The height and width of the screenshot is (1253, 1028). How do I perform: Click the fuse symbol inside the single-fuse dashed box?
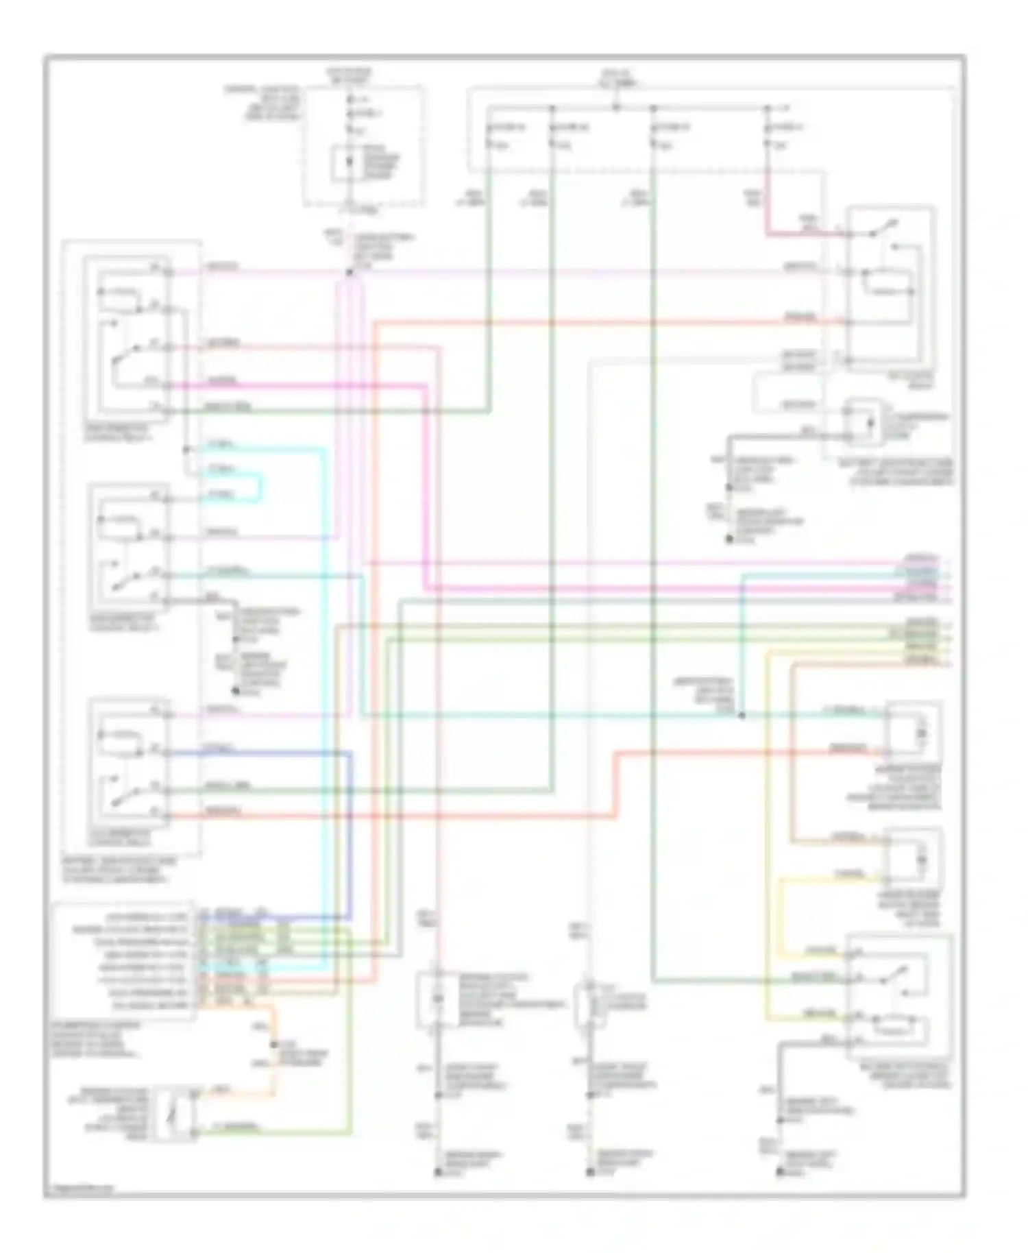(350, 164)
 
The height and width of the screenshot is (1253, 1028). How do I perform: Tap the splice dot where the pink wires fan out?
(350, 272)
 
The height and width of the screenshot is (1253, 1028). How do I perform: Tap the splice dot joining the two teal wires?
(742, 716)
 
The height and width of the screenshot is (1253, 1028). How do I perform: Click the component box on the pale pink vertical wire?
(437, 999)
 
